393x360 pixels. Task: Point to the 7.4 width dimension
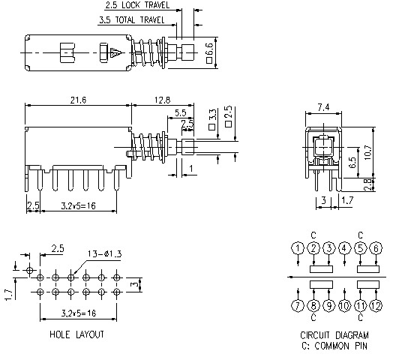click(323, 108)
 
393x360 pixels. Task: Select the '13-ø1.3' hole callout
click(104, 254)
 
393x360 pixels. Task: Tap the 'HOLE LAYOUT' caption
click(76, 334)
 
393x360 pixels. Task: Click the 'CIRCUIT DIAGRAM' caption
click(334, 335)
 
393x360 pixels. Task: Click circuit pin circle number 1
click(298, 248)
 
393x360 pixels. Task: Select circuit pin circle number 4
click(344, 248)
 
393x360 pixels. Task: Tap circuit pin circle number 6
click(376, 248)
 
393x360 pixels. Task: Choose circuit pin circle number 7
click(298, 305)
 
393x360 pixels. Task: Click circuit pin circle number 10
click(344, 305)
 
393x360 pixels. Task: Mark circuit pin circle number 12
click(376, 305)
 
